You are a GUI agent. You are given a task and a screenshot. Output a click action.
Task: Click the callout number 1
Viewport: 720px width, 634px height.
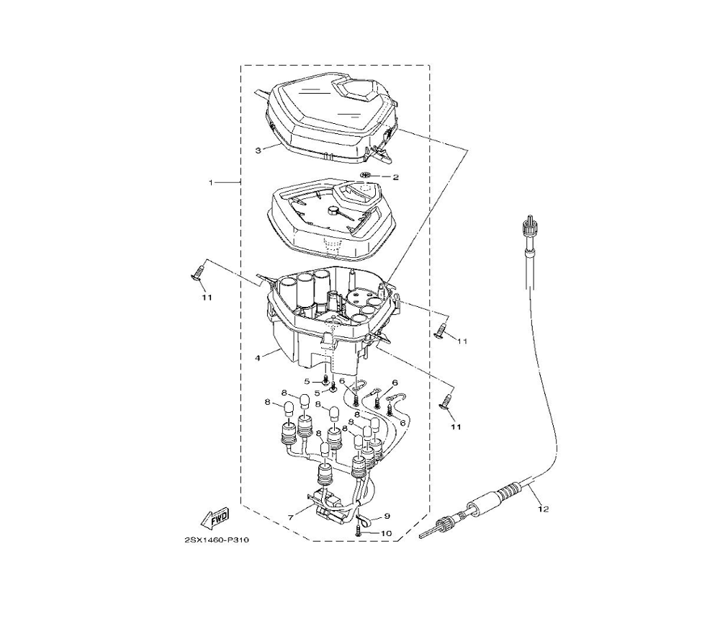211,183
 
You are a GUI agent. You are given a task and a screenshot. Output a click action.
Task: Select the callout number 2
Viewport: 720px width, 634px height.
395,177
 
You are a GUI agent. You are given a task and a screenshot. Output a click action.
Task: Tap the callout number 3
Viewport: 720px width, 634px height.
258,151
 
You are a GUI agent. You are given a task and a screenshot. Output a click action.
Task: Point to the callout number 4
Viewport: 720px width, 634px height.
258,357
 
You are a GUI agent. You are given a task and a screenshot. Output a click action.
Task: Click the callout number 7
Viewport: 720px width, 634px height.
291,518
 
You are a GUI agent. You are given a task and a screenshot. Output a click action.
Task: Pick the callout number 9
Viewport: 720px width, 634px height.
387,517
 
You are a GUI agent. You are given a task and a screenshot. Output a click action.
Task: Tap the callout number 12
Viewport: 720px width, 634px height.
543,509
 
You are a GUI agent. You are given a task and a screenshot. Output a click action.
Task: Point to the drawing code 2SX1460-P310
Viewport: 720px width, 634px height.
217,540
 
